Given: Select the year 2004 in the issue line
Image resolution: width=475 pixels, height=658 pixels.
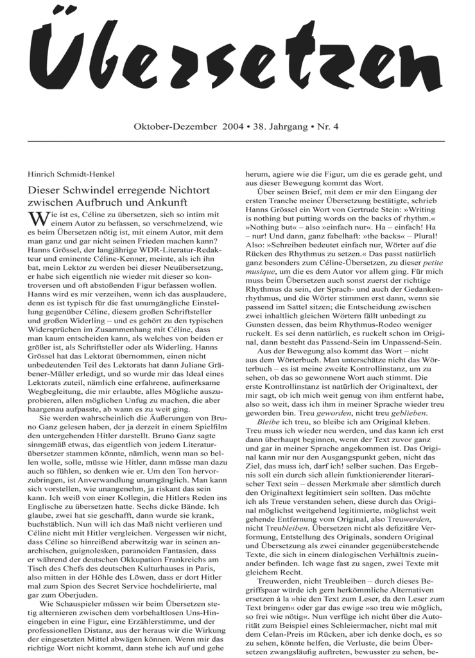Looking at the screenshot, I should pyautogui.click(x=233, y=127).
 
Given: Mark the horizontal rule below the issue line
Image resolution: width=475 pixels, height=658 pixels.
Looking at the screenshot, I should pyautogui.click(x=237, y=141).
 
